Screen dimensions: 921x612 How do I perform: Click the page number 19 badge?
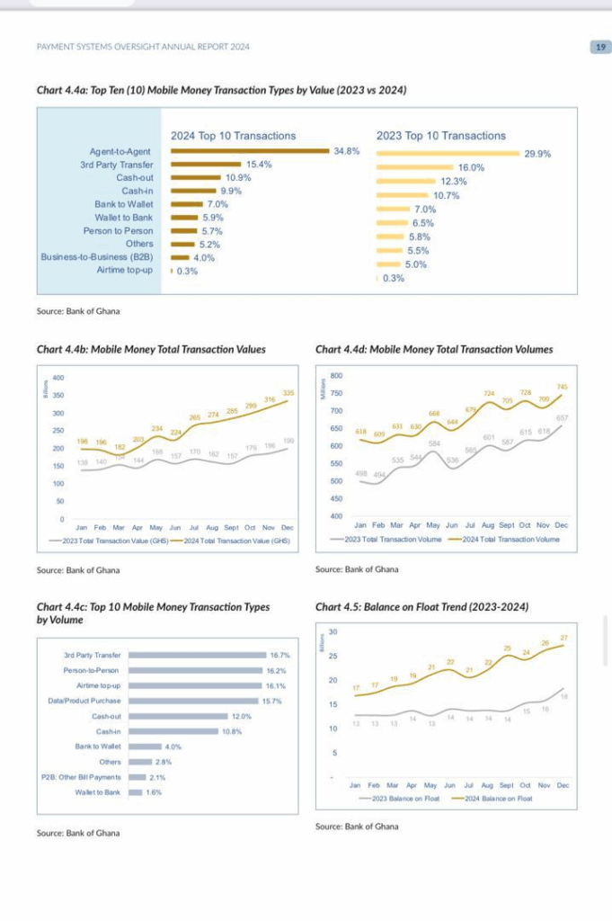point(599,47)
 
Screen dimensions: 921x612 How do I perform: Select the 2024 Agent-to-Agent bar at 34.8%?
point(250,151)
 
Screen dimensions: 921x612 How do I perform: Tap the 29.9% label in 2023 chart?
point(537,154)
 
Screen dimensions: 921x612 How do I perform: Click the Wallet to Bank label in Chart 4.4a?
point(124,218)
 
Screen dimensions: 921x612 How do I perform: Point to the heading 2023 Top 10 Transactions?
point(440,136)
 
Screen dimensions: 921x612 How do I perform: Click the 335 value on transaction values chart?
point(288,392)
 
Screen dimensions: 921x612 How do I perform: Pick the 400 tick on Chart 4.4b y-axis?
point(58,378)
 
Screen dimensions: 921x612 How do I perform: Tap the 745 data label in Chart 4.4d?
point(563,387)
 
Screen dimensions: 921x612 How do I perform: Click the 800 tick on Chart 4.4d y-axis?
point(337,375)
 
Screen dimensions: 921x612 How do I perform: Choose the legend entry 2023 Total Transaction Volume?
point(388,540)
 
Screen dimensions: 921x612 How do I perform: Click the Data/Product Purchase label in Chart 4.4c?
point(84,701)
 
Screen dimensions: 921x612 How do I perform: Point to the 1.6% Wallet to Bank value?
point(154,792)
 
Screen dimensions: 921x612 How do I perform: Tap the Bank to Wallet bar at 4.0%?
point(144,747)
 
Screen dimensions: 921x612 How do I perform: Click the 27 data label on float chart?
point(563,638)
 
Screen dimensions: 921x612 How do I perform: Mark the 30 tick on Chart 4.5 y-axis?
point(333,631)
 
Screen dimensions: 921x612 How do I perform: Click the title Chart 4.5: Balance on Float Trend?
point(422,607)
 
